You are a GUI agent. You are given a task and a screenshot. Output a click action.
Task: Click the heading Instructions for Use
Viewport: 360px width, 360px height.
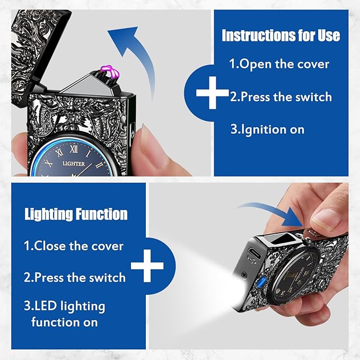pos(281,36)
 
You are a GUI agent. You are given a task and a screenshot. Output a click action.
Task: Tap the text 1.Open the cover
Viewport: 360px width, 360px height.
pos(279,64)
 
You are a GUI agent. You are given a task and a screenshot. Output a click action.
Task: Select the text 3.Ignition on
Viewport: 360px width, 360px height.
pos(267,129)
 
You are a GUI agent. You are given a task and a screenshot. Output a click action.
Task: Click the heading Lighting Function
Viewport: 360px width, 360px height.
pos(76,214)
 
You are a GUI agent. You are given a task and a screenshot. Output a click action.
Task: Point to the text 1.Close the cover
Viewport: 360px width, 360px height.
pos(74,246)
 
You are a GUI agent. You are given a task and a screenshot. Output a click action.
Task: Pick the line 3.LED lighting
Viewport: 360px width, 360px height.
pos(65,306)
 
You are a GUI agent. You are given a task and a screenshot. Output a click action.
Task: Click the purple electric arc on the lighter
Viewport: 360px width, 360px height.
pos(110,72)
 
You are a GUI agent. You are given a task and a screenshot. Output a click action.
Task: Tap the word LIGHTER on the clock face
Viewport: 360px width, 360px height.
pos(74,163)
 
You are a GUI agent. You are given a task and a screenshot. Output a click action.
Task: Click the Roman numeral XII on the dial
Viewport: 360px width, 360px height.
pos(74,149)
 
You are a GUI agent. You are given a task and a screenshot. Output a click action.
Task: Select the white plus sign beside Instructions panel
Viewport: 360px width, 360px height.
pos(213,93)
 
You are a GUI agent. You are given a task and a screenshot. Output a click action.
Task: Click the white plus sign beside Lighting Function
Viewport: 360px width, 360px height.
pos(147,266)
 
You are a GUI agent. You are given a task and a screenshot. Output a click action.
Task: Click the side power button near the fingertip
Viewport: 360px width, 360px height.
pos(133,134)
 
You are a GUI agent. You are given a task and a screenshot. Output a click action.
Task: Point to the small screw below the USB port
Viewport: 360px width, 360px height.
pos(244,274)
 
